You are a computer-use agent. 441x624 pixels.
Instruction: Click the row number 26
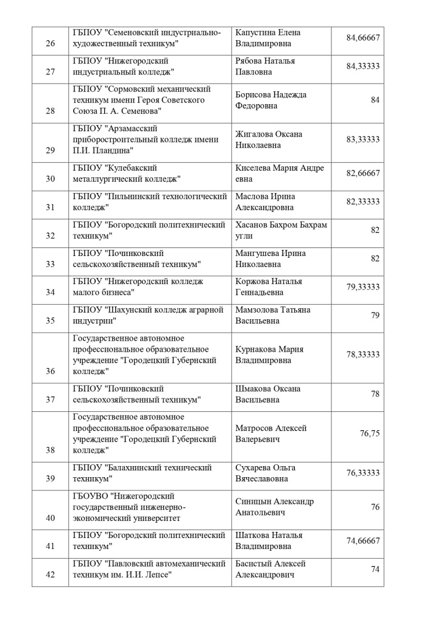coord(51,43)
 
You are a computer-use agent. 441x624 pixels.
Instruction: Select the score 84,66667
coord(363,38)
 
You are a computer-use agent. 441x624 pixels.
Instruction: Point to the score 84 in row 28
coord(375,100)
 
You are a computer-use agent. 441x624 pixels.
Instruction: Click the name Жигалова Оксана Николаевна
coord(269,139)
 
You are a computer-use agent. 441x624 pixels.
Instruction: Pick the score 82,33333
coord(363,202)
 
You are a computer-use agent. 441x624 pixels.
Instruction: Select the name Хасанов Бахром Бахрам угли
coord(281,230)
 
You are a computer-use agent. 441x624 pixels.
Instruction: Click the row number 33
coord(51,264)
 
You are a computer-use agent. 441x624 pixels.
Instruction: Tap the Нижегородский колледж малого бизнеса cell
coord(138,286)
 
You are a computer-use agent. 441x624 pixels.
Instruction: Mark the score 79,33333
coord(363,286)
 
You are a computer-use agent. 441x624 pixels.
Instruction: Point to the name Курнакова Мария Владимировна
coord(269,355)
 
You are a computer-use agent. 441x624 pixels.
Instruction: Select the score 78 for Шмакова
coord(375,394)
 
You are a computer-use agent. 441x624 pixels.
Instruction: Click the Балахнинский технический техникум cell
coord(142,473)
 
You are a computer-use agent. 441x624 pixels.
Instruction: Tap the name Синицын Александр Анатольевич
coord(275,506)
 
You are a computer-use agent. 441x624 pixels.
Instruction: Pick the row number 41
coord(51,546)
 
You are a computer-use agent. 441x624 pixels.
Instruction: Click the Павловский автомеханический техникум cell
coord(149,569)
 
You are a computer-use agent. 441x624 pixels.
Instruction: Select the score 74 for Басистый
coord(375,569)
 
